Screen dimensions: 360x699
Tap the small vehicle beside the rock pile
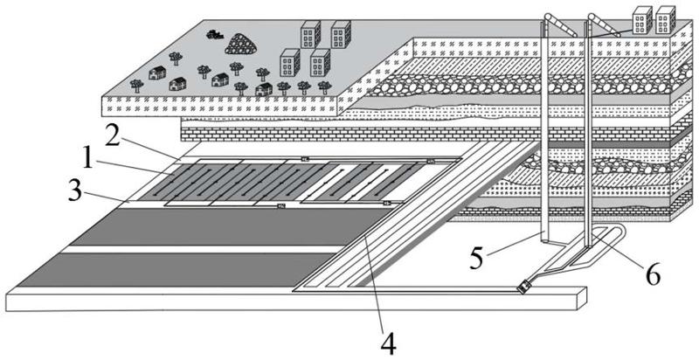click(212, 35)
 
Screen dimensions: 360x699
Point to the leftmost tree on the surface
click(136, 85)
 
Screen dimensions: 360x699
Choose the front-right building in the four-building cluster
click(320, 62)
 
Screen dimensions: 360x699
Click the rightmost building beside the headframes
click(666, 19)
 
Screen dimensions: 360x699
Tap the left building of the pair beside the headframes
click(641, 19)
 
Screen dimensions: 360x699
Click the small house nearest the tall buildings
click(264, 88)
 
